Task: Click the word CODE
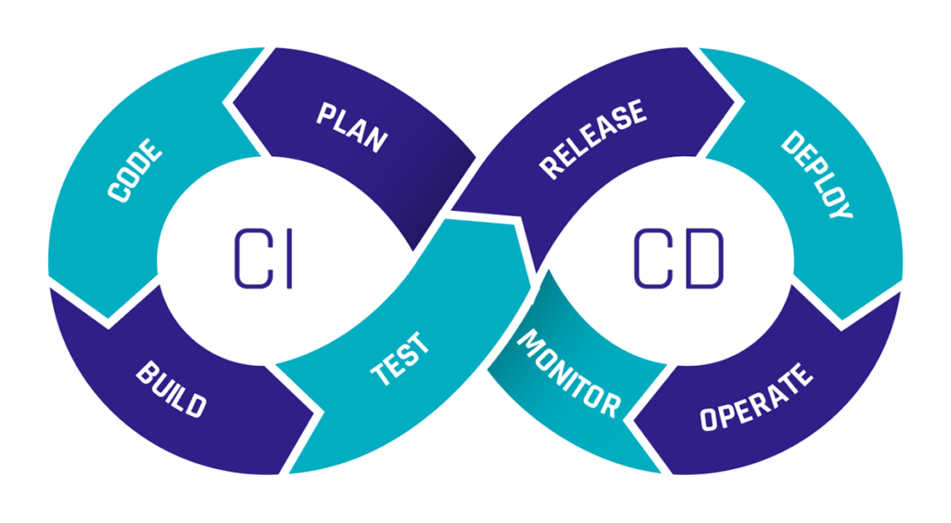tap(136, 171)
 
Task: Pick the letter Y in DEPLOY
tap(840, 208)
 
